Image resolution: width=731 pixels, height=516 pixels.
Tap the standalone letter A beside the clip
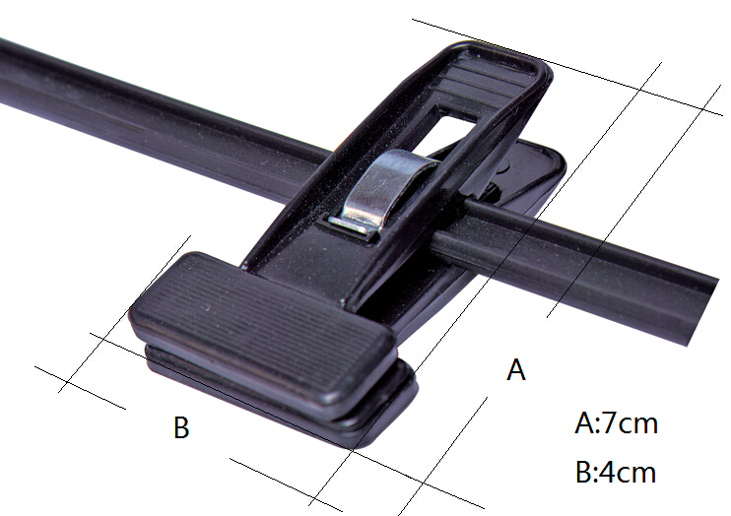[x=516, y=370]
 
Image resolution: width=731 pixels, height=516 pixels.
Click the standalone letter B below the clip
[x=181, y=427]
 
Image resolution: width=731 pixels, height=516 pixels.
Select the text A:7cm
[x=616, y=423]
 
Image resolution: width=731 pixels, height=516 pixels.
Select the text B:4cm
[x=616, y=472]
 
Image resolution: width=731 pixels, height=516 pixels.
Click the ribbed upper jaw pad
[x=261, y=326]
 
